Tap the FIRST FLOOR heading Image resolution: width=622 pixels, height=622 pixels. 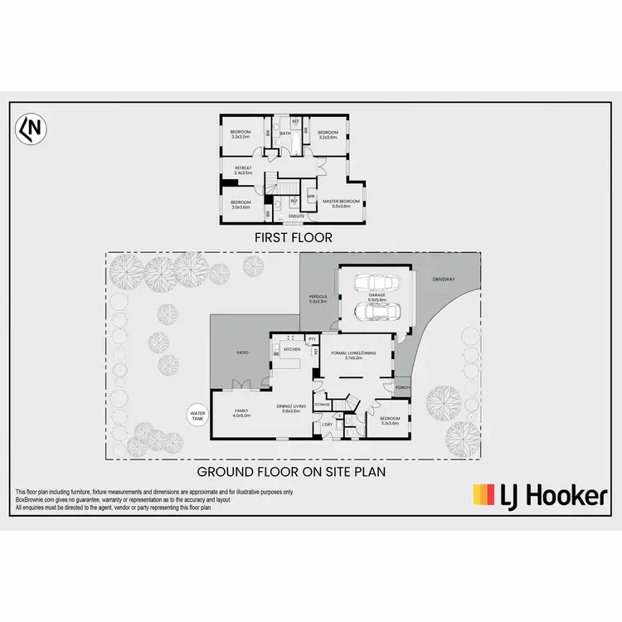coord(294,237)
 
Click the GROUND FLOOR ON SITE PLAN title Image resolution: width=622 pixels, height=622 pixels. coord(290,472)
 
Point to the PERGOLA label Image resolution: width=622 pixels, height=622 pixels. coord(318,299)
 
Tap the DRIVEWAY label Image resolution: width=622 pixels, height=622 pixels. coord(445,279)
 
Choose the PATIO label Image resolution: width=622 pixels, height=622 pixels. coord(243,353)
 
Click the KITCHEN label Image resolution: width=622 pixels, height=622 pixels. coord(291,349)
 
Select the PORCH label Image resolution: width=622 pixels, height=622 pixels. coord(403,387)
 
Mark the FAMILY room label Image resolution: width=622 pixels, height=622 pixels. coord(242,412)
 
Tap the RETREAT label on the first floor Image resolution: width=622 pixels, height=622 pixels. coord(243,170)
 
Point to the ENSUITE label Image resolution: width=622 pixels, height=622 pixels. coord(296,216)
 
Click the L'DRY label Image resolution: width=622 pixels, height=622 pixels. coord(327,425)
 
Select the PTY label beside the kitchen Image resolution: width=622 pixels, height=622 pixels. coord(312,338)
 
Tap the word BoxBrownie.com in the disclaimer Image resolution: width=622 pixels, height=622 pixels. coord(34,500)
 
